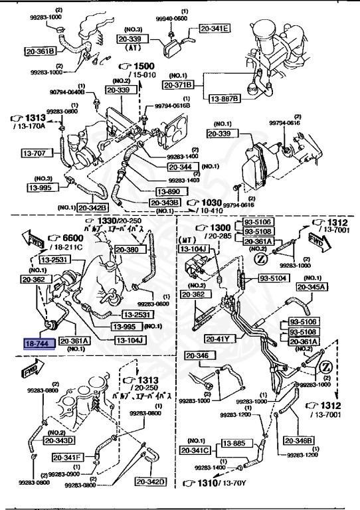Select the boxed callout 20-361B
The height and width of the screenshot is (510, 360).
[41, 50]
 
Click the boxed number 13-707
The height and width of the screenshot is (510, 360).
[41, 153]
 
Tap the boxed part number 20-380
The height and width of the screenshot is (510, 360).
[128, 250]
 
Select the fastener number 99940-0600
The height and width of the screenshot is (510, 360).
[175, 18]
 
